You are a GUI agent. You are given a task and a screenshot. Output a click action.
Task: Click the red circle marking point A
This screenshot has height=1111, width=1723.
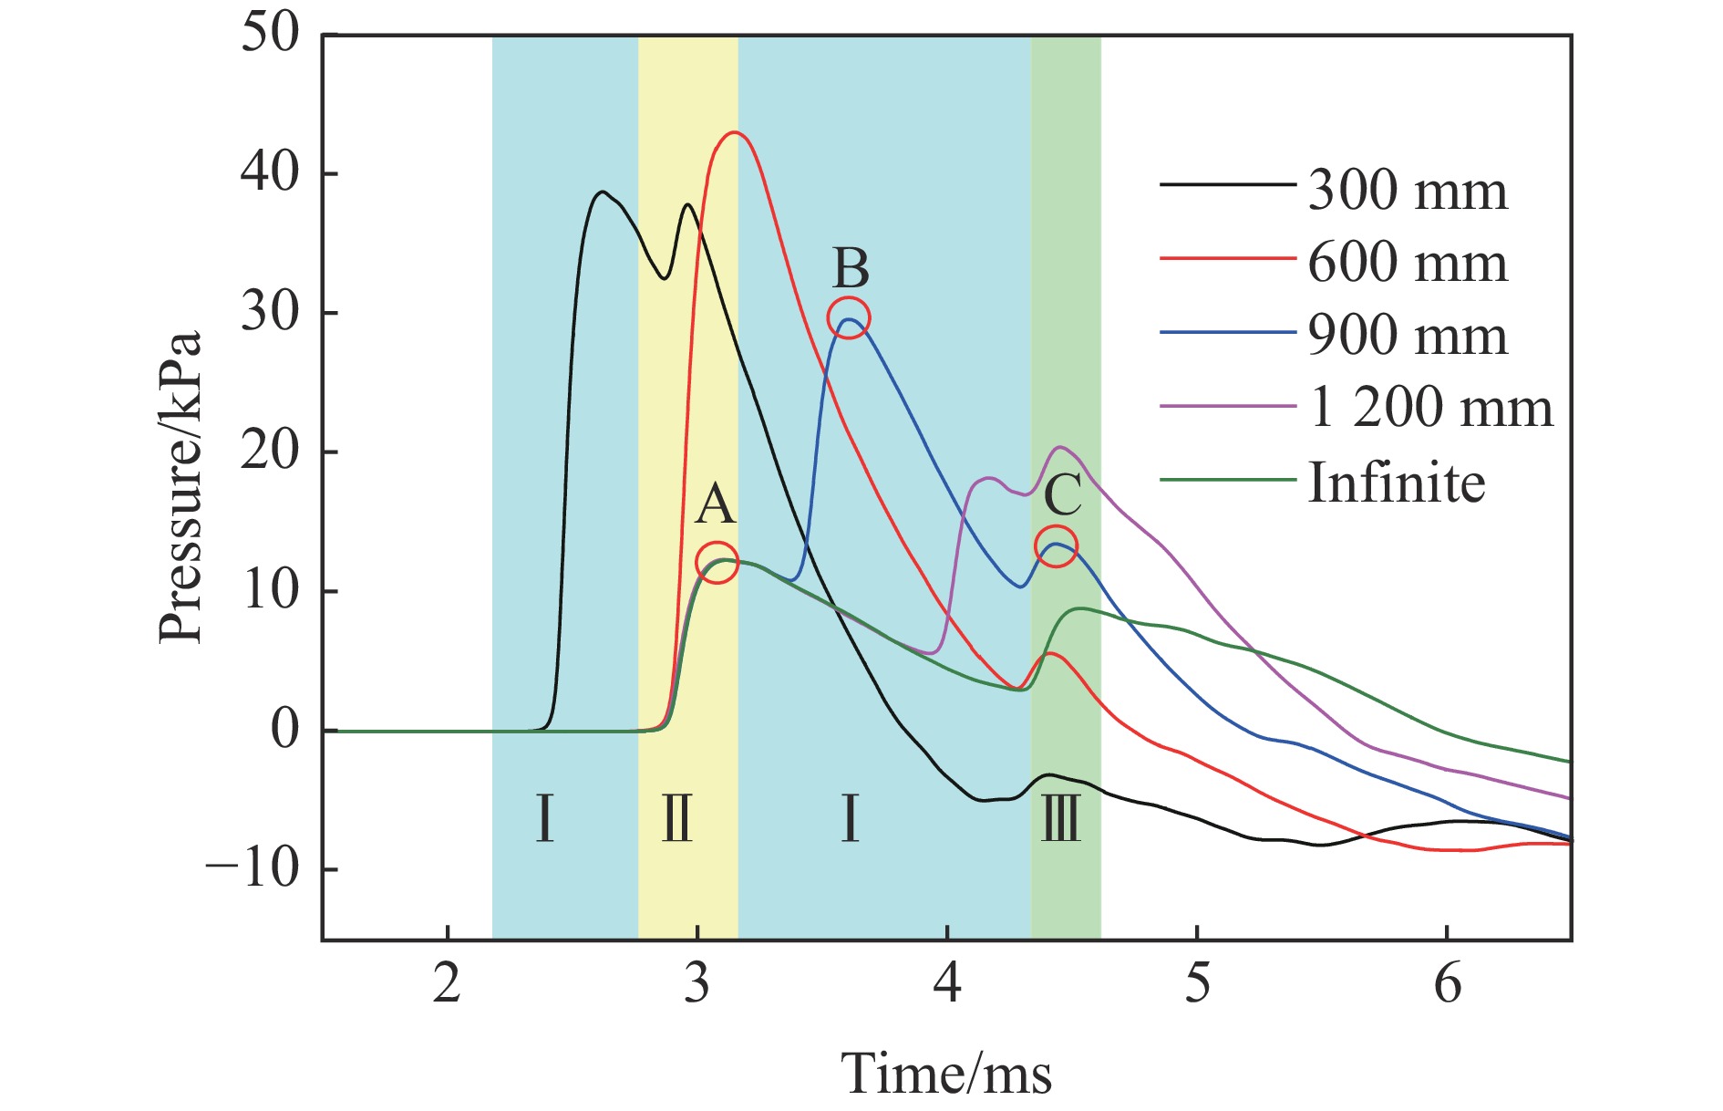717,563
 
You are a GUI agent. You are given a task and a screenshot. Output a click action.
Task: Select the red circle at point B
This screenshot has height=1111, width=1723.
849,317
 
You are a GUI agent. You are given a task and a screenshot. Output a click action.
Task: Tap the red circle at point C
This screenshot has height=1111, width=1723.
1056,545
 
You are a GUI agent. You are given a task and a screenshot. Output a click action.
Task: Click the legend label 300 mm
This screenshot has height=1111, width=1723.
1407,191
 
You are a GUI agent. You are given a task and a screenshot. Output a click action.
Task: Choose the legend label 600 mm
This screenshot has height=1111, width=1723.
1407,263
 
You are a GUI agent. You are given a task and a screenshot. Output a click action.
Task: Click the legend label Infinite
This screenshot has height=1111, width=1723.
1396,482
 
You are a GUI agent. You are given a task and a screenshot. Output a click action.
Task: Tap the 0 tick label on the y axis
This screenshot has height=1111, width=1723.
284,730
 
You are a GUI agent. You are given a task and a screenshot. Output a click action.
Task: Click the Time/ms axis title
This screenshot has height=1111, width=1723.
945,1073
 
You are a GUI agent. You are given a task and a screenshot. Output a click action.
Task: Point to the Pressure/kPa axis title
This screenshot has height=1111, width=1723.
180,487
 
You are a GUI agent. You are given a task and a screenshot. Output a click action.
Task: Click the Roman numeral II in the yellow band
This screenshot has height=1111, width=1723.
676,818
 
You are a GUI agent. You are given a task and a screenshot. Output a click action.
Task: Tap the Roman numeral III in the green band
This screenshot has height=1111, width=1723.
1060,818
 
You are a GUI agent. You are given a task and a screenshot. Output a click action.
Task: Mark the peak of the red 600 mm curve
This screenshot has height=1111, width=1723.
734,133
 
